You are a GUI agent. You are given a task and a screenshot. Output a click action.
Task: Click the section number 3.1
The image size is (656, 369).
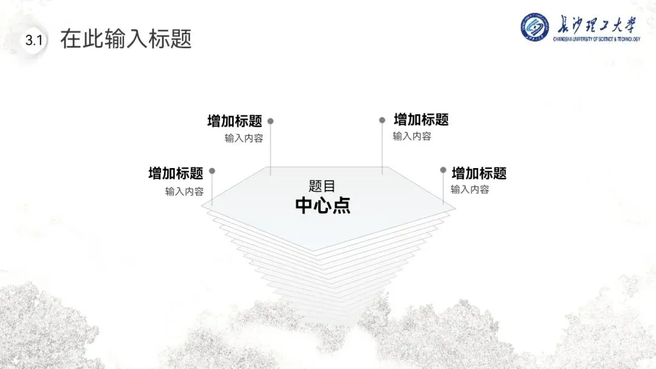pyautogui.click(x=33, y=41)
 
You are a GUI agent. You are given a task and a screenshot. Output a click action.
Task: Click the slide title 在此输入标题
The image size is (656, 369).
pyautogui.click(x=126, y=39)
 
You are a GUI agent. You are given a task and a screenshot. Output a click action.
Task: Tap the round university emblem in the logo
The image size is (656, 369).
pyautogui.click(x=535, y=27)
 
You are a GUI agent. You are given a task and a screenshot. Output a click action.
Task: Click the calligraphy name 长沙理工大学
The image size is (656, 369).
pyautogui.click(x=596, y=25)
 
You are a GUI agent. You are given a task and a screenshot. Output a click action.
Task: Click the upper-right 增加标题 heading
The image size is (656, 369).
pyautogui.click(x=421, y=120)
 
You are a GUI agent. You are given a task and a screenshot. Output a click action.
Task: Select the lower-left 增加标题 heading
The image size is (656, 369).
pyautogui.click(x=176, y=174)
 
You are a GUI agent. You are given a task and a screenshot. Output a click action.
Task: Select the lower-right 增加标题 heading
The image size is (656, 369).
pyautogui.click(x=479, y=174)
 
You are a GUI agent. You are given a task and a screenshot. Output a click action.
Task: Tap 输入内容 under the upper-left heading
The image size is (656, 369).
pyautogui.click(x=244, y=138)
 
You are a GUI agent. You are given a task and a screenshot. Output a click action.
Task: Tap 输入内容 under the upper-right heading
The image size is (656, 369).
pyautogui.click(x=412, y=137)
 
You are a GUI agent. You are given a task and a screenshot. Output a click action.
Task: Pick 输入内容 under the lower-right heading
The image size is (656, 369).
pyautogui.click(x=470, y=189)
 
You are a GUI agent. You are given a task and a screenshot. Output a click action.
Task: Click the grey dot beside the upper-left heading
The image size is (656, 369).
pyautogui.click(x=270, y=121)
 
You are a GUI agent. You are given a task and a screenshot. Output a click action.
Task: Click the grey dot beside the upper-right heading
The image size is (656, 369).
pyautogui.click(x=382, y=120)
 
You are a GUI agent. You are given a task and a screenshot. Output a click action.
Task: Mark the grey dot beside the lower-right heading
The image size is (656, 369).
pyautogui.click(x=443, y=171)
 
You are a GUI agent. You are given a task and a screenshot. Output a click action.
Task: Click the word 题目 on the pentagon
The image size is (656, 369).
pyautogui.click(x=322, y=186)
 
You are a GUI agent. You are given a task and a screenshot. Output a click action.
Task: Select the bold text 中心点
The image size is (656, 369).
pyautogui.click(x=323, y=206)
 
